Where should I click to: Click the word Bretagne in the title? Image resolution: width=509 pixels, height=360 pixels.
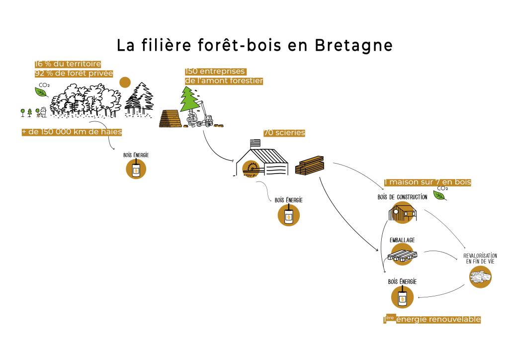353,45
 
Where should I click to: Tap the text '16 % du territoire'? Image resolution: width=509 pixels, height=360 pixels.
68,64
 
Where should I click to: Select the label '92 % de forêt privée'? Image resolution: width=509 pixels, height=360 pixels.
74,74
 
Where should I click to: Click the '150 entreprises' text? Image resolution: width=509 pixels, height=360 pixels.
215,71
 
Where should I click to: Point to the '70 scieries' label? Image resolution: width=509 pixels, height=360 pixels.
284,133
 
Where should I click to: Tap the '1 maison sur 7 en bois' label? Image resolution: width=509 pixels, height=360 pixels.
427,182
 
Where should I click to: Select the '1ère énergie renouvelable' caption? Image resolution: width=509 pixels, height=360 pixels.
432,319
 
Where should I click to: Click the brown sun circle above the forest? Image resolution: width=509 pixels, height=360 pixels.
125,82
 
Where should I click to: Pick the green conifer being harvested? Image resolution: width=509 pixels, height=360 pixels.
188,99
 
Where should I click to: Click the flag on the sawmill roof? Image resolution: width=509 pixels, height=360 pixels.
254,142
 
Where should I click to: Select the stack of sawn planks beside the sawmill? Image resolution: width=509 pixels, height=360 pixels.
310,164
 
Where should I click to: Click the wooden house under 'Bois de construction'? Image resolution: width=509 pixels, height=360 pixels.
403,213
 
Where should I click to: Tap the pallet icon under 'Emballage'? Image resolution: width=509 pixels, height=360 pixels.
402,256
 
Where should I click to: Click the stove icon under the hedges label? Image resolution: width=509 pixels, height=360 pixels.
136,170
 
